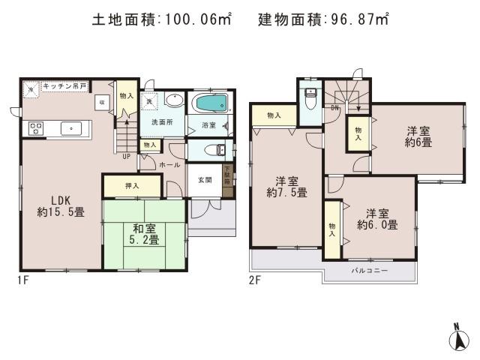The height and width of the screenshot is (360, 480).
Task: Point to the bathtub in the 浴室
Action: pyautogui.click(x=208, y=103)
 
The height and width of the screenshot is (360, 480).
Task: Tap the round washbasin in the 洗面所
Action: pyautogui.click(x=174, y=100)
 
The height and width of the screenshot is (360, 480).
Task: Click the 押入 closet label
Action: pyautogui.click(x=131, y=185)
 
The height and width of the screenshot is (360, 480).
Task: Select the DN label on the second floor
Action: pyautogui.click(x=334, y=109)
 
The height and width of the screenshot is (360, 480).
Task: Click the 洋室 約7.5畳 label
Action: pyautogui.click(x=287, y=187)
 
